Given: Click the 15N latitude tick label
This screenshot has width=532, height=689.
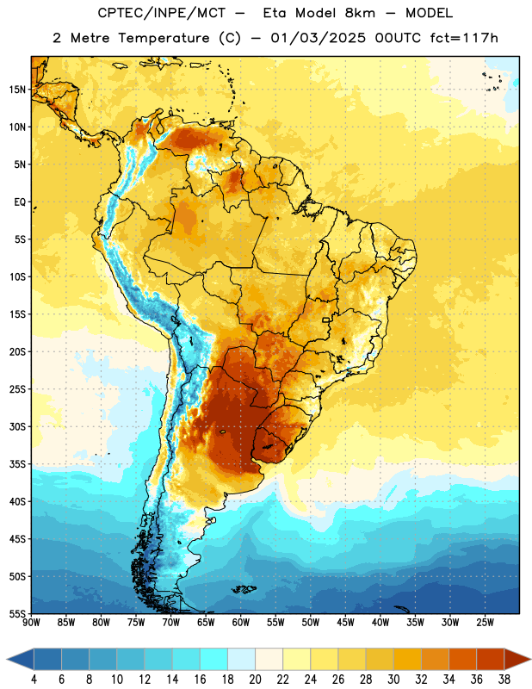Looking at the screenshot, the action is pos(18,90).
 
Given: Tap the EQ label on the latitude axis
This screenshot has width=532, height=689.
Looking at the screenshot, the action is pos(20,202).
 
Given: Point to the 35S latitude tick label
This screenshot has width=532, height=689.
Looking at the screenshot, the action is pos(18,464).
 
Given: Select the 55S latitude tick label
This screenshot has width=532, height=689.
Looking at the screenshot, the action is pos(18,613).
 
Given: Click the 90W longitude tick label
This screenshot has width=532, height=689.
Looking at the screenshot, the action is pos(31,623).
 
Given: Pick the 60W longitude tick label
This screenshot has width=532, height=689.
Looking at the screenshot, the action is pos(241,623).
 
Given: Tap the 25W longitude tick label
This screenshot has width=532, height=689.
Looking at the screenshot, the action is pos(485,623).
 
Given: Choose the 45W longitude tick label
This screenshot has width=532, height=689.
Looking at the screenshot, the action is pos(345,623).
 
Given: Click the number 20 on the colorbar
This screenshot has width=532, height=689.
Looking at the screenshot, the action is pos(255,680).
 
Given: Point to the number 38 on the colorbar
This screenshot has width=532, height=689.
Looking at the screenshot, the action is pos(504,680).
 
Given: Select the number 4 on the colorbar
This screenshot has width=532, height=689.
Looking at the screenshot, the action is pos(34,680).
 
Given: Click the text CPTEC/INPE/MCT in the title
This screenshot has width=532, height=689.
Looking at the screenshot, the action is pos(162,14).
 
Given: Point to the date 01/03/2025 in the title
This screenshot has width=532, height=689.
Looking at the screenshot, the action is pos(318,38).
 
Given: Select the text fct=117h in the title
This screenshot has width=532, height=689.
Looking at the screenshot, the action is pos(464,38).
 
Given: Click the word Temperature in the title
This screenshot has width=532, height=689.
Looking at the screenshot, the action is pos(164,39).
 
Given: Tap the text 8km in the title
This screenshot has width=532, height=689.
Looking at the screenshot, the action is pos(360,13).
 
